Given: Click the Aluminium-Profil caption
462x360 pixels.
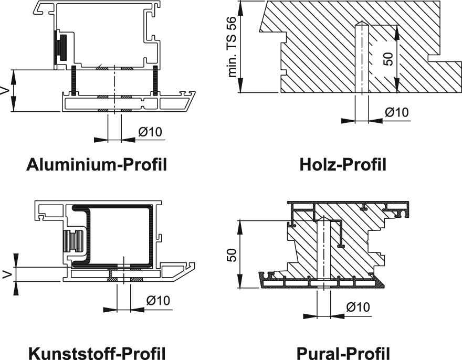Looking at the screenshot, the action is pyautogui.click(x=97, y=164).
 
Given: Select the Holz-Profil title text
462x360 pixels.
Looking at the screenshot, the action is pyautogui.click(x=343, y=164).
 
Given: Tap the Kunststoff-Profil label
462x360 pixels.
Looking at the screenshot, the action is pyautogui.click(x=97, y=353).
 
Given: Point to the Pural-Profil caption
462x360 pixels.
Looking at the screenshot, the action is pyautogui.click(x=343, y=353).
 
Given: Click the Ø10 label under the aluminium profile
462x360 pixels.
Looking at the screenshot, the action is pyautogui.click(x=150, y=132).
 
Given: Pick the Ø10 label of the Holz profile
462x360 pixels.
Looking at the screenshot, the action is pyautogui.click(x=397, y=112).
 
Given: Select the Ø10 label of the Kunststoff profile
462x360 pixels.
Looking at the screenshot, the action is pyautogui.click(x=158, y=301).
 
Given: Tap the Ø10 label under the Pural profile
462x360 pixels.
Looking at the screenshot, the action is pyautogui.click(x=358, y=307).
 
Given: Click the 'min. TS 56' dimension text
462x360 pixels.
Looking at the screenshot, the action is pyautogui.click(x=232, y=47).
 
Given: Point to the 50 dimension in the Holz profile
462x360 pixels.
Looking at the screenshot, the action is pyautogui.click(x=388, y=59).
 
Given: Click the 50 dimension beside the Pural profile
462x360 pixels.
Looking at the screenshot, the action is pyautogui.click(x=232, y=255).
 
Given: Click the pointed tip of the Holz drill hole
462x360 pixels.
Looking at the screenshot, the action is pyautogui.click(x=362, y=21).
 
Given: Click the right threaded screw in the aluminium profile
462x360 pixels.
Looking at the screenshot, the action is pyautogui.click(x=155, y=80).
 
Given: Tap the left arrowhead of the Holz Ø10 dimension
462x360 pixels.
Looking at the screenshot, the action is pyautogui.click(x=348, y=121).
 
